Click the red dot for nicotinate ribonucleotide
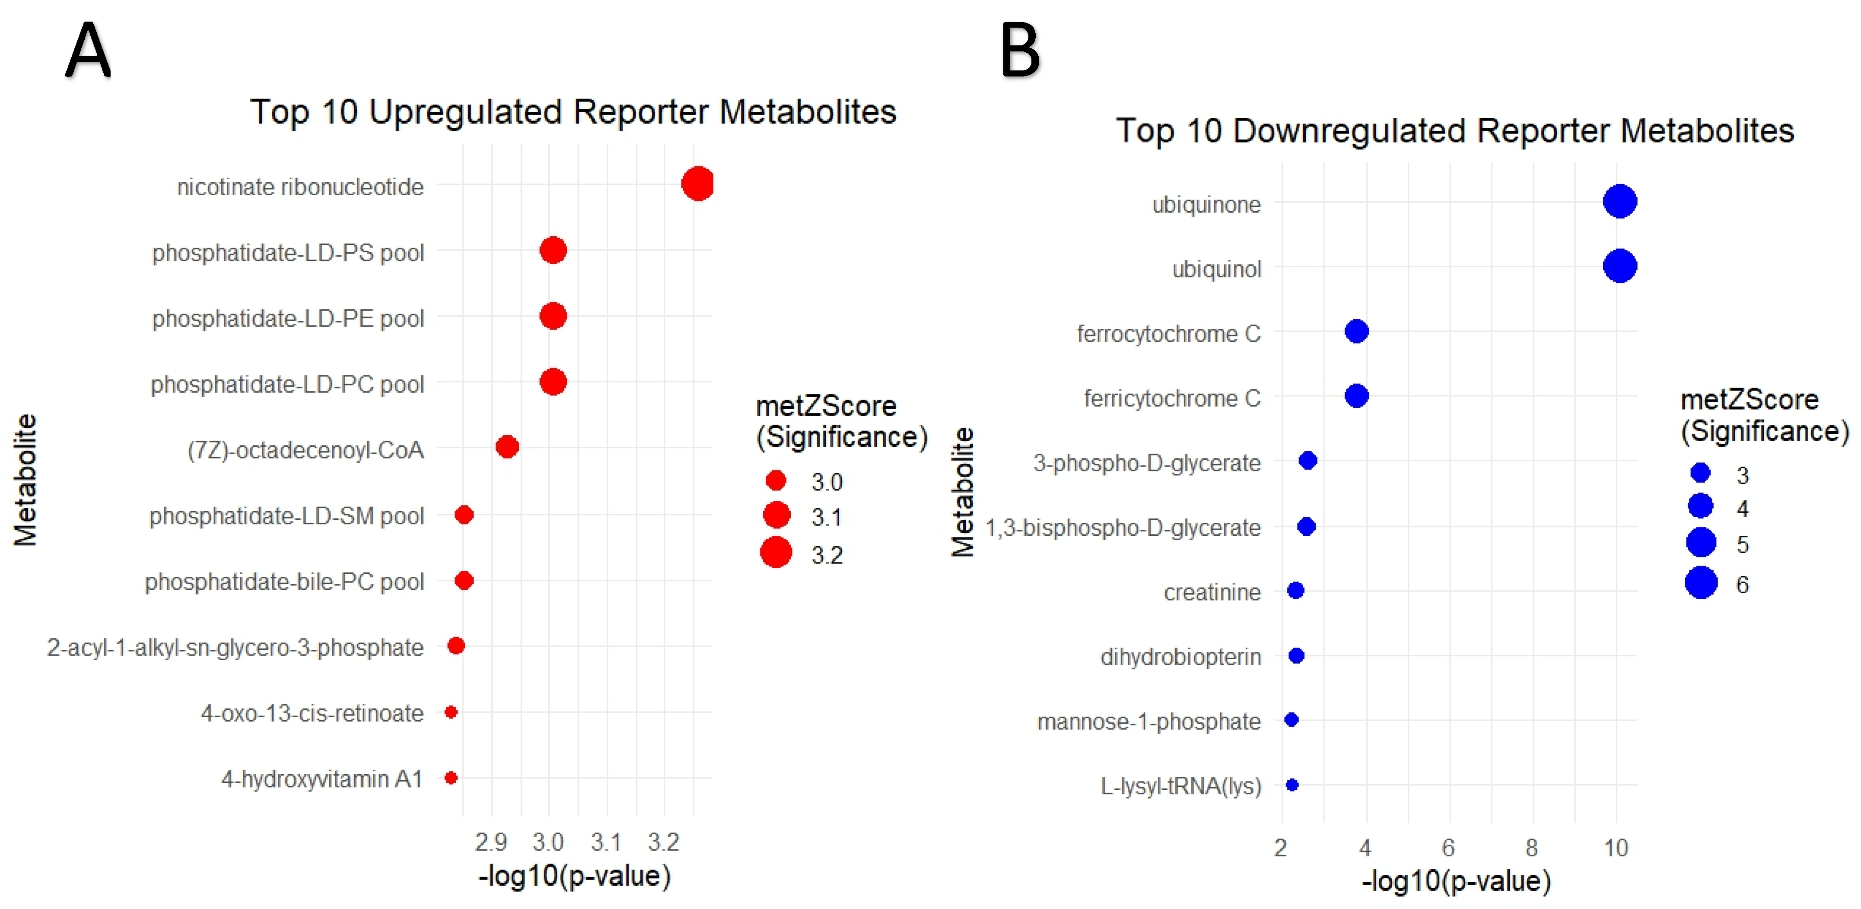coord(697,184)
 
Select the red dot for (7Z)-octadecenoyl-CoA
coord(507,447)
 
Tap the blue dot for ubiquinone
coord(1620,202)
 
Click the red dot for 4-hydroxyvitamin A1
coord(451,778)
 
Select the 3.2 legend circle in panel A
coord(776,553)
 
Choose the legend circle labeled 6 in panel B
coord(1701,582)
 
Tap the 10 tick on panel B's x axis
coord(1616,848)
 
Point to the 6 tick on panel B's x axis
coord(1448,848)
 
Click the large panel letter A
coord(88,51)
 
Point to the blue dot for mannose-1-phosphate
coord(1292,719)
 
